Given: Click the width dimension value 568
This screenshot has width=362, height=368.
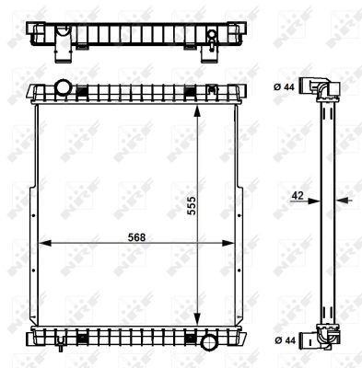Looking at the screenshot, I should coord(135,236).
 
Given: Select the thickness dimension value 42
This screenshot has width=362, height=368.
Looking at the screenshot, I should coord(297,195).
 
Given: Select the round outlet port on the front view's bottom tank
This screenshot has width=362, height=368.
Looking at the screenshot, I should coord(209,342).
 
